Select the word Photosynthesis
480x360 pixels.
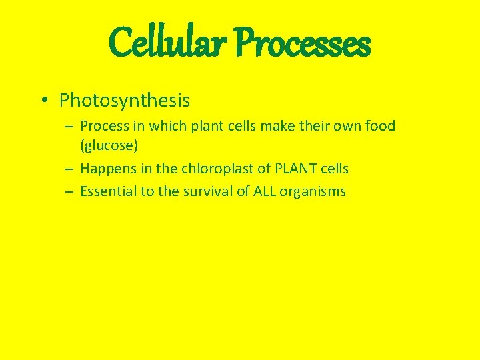point(125,101)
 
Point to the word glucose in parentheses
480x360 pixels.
point(109,145)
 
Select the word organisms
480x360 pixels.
point(313,192)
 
